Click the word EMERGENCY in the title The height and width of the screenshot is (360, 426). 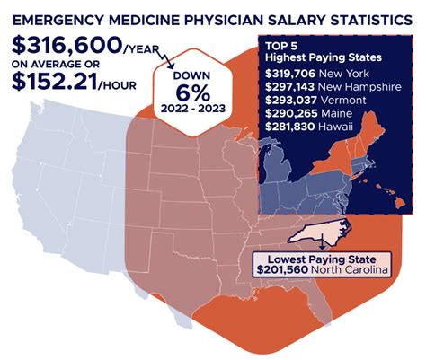pos(64,14)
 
